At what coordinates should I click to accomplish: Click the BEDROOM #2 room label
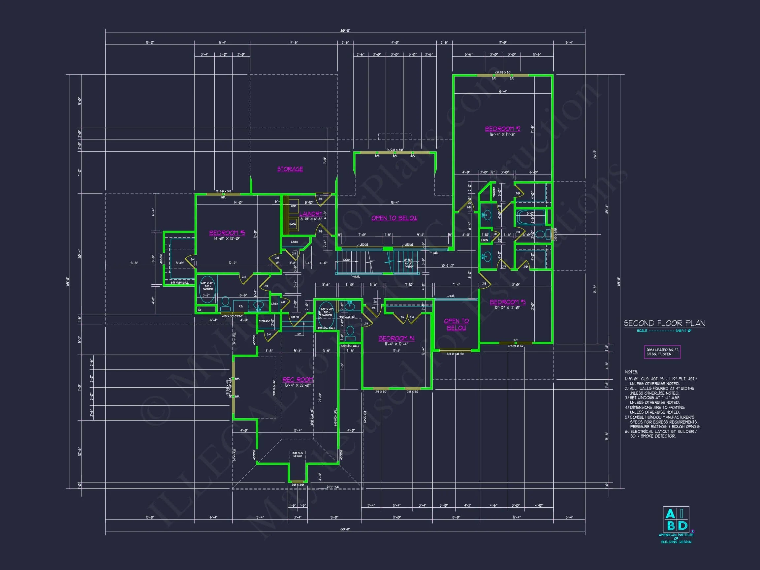[x=502, y=129]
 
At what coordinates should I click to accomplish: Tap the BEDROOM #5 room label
[x=227, y=233]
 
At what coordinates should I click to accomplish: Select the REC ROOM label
[x=298, y=380]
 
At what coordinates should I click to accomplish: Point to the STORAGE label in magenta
[x=290, y=169]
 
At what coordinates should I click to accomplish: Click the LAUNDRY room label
[x=311, y=214]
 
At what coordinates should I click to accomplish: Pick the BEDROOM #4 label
[x=396, y=338]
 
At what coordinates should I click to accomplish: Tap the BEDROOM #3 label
[x=507, y=302]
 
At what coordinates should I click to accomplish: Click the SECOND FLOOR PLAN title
[x=664, y=323]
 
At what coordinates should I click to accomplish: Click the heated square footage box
[x=662, y=352]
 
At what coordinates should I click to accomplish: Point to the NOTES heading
[x=631, y=372]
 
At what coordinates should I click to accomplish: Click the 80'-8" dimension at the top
[x=345, y=31]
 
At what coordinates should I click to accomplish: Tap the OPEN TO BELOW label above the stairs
[x=394, y=218]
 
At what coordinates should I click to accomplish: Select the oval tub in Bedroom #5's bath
[x=207, y=289]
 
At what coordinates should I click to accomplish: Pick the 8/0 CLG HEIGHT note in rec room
[x=298, y=455]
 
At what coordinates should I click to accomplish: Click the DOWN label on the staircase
[x=347, y=260]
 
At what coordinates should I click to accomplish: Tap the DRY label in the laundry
[x=294, y=206]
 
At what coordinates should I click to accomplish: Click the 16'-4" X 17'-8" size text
[x=502, y=135]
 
